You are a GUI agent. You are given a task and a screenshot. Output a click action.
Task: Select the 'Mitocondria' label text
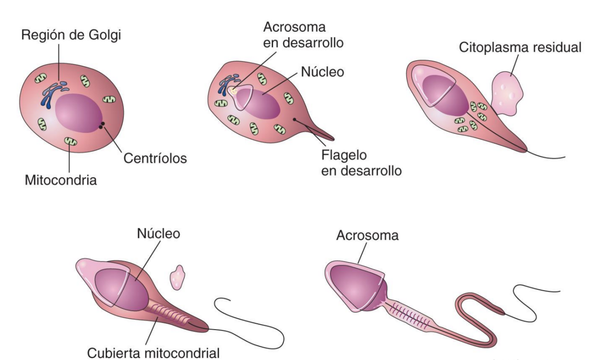point(61,181)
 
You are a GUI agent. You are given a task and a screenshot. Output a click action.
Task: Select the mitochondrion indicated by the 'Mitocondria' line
point(70,142)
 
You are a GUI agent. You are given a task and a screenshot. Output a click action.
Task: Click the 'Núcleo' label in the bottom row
point(159,234)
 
